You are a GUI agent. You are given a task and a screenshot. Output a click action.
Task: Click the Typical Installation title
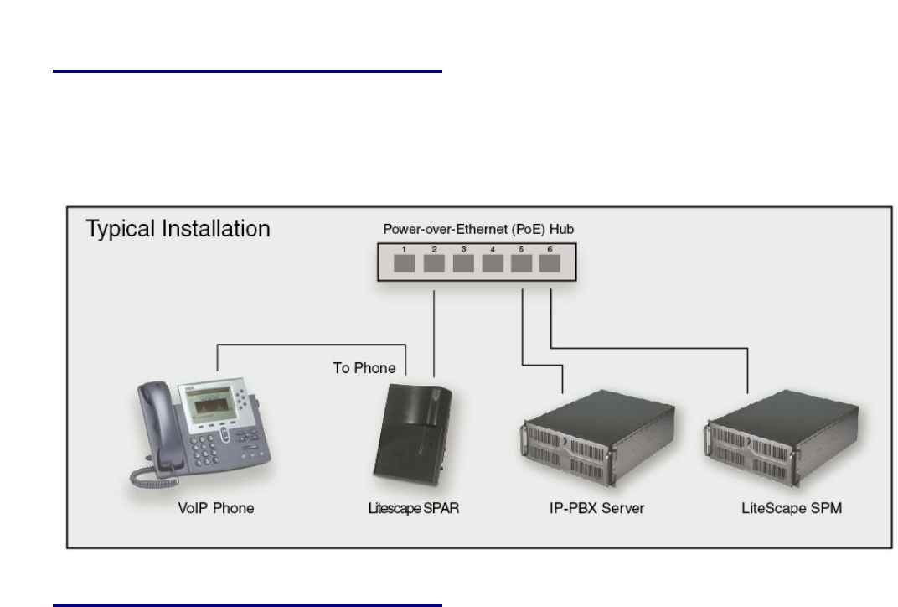[x=178, y=229]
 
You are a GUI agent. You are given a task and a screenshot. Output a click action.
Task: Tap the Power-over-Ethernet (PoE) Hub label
[x=478, y=229]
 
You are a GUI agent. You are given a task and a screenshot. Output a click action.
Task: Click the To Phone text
[x=364, y=368]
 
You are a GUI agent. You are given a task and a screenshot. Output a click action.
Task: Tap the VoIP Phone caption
[x=215, y=509]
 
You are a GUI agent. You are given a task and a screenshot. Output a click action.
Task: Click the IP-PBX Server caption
[x=591, y=509]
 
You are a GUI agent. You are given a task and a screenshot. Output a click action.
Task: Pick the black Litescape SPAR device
[x=416, y=440]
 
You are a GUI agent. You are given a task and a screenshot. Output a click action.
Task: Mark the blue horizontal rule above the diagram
[x=247, y=72]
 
